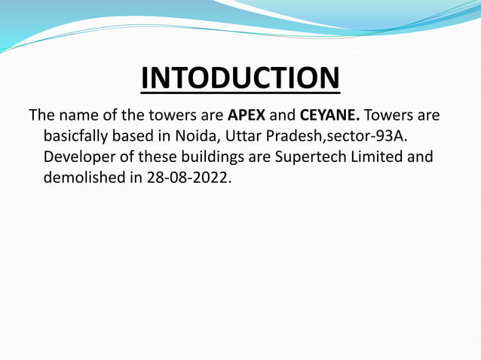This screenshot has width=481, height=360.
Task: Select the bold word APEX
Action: [x=247, y=118]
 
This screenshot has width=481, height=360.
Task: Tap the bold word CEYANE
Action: [x=329, y=118]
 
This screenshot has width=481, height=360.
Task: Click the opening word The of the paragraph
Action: [x=41, y=118]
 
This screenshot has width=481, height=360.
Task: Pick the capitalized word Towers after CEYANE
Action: [x=390, y=118]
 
